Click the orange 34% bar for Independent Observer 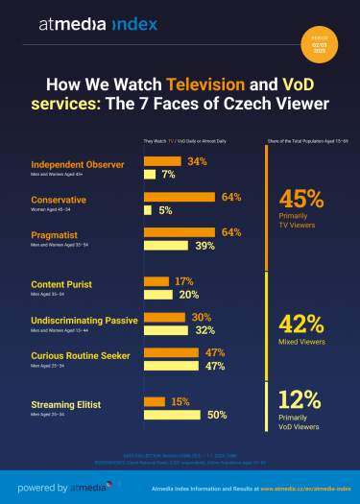pos(164,161)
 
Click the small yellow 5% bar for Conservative pos(147,210)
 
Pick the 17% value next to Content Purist pos(185,282)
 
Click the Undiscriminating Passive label pos(84,319)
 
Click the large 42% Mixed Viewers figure pos(300,323)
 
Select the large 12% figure pos(300,399)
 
